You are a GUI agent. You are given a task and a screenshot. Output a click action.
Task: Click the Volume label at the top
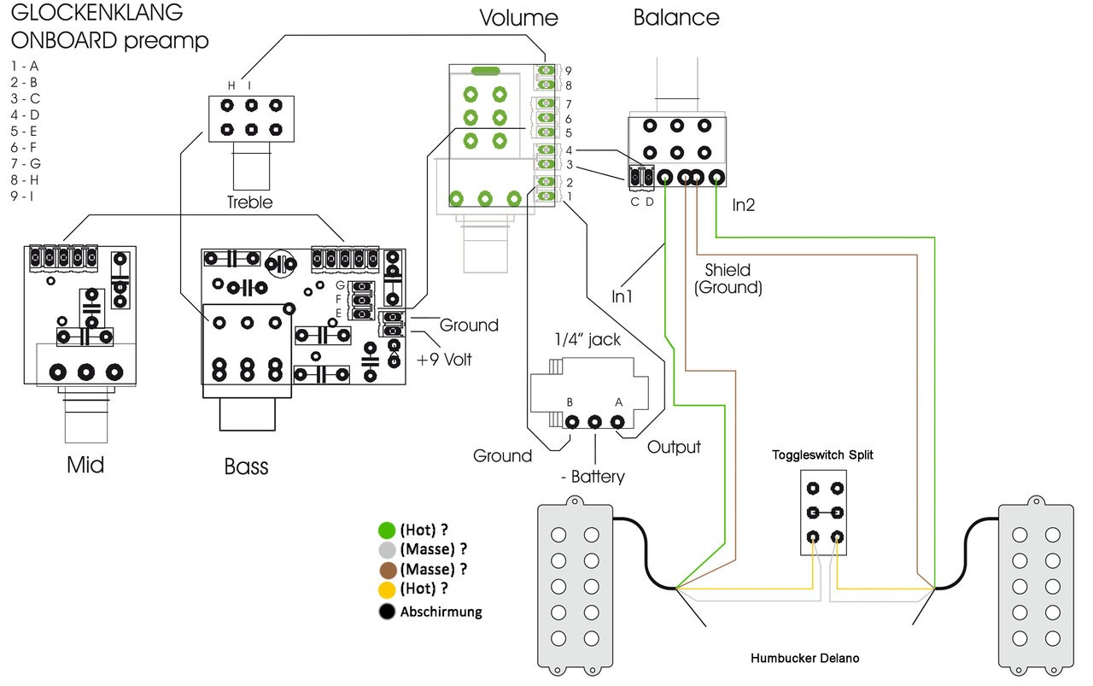[x=518, y=18]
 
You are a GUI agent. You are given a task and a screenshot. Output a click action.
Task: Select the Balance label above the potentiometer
[x=676, y=17]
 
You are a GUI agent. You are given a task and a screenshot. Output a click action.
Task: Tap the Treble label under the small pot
[x=249, y=203]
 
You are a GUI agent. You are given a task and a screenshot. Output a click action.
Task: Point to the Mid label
[x=85, y=465]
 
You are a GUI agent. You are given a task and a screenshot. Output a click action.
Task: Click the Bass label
[x=246, y=466]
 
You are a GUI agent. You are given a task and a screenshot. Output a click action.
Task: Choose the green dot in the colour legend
[x=386, y=530]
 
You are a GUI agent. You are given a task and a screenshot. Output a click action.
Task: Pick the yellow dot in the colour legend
[x=386, y=589]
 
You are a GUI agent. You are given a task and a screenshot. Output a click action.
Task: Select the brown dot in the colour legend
[x=386, y=569]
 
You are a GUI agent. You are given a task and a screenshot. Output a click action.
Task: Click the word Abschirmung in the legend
[x=441, y=612]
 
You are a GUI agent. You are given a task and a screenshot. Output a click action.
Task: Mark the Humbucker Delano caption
[x=805, y=658]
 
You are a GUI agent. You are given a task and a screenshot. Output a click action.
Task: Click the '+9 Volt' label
[x=444, y=360]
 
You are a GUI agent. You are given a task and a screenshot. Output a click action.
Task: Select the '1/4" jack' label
[x=588, y=339]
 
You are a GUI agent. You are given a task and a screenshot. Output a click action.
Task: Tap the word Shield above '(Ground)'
[x=728, y=270]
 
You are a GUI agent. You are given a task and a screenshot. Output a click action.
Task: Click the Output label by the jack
[x=674, y=447]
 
